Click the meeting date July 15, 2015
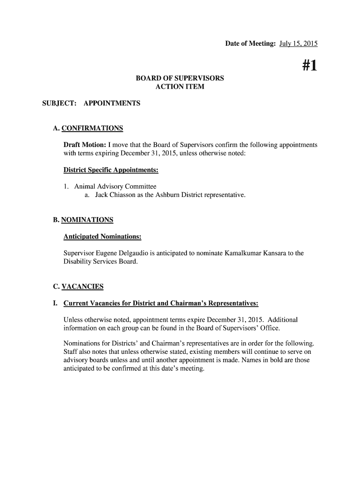298,44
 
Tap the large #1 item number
309,66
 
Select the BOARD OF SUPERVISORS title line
180,78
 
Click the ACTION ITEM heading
180,87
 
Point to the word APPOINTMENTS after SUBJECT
112,103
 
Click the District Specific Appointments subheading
111,170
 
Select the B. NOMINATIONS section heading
83,220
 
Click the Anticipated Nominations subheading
102,237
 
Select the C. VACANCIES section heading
79,287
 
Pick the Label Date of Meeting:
250,44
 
